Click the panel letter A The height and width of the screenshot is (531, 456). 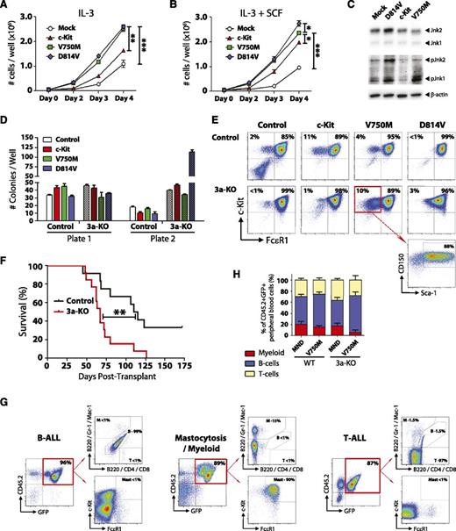[7, 7]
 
